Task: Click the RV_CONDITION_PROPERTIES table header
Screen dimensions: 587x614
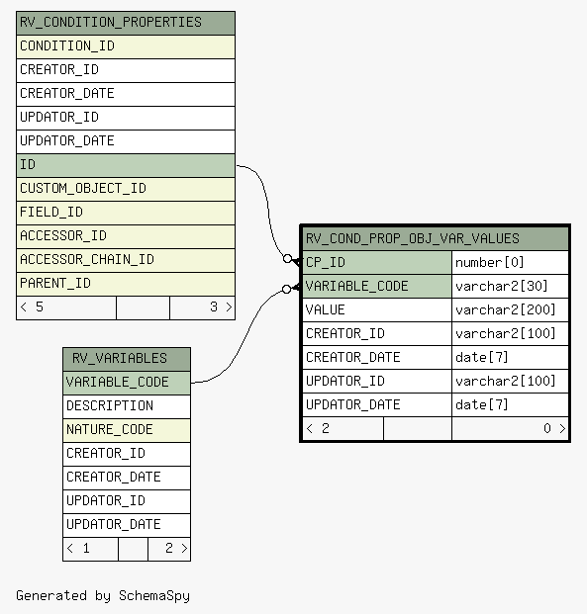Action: pos(126,23)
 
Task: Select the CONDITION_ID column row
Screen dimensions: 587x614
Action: pos(126,47)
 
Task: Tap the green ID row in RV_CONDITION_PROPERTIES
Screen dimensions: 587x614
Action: pos(126,166)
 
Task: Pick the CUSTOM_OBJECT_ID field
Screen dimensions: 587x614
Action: pos(126,190)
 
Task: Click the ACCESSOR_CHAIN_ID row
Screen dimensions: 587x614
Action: pos(126,260)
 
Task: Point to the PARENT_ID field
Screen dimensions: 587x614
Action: pos(126,285)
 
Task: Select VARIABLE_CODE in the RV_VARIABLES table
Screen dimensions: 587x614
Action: pos(127,383)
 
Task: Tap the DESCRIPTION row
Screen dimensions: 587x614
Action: pos(127,406)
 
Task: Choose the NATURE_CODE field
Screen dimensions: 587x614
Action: pos(127,430)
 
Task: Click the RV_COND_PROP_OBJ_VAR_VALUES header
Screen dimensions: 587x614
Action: pos(436,239)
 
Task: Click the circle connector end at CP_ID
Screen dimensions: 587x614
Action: pos(287,258)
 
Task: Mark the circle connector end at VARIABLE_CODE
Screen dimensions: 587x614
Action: pos(287,289)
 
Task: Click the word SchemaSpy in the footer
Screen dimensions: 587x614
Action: pos(154,596)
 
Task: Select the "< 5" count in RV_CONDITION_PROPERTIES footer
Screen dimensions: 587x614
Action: pos(32,307)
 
